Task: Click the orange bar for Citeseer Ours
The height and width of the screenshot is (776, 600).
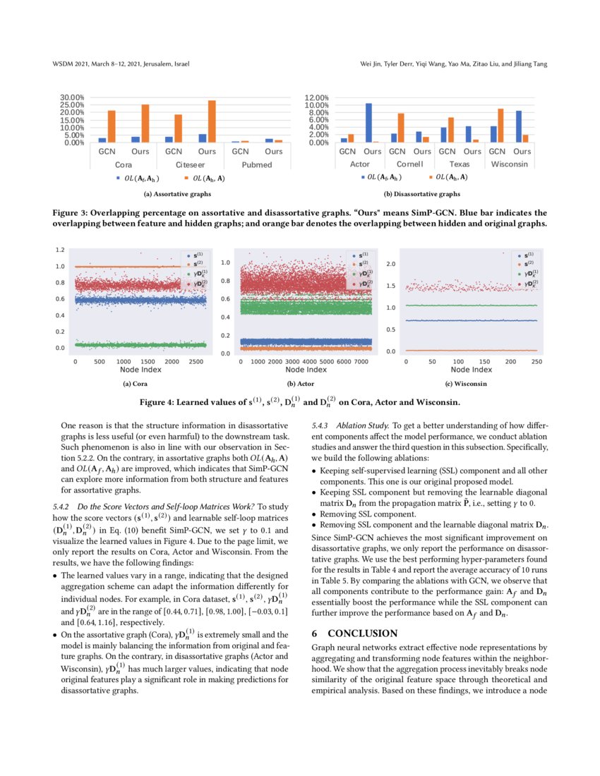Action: [x=211, y=121]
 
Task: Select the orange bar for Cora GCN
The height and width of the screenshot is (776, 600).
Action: [x=112, y=126]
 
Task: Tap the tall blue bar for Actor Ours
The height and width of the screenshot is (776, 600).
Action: [x=368, y=123]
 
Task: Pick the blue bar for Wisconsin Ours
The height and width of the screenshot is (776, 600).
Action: [x=518, y=126]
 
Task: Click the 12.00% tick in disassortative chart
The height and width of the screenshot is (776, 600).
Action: [x=316, y=97]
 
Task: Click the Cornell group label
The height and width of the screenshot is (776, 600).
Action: [x=409, y=164]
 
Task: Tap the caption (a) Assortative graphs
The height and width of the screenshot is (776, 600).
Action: [x=176, y=193]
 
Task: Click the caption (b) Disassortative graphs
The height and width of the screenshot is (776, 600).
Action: [x=422, y=193]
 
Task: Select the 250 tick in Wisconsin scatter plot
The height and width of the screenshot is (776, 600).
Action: [x=536, y=361]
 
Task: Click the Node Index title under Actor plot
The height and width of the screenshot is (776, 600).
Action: [x=307, y=370]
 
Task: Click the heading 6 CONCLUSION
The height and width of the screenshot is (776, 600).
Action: [x=354, y=633]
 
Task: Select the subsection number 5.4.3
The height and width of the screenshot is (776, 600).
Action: [x=320, y=426]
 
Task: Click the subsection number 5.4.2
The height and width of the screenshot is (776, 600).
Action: [x=61, y=507]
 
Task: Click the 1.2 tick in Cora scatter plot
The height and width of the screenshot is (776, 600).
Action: [x=61, y=250]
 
